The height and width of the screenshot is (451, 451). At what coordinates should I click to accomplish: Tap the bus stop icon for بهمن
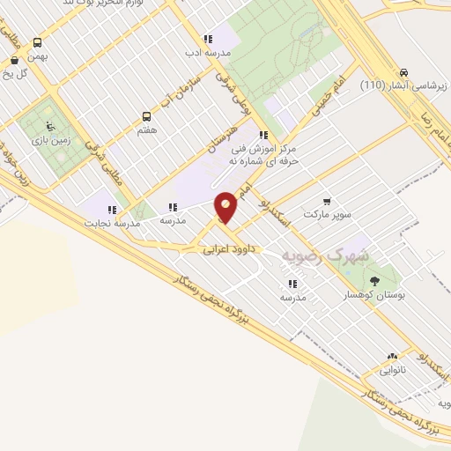[37, 42]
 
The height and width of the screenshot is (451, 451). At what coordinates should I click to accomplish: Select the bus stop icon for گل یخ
[14, 61]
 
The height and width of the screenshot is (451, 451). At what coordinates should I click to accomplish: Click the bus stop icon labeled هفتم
[147, 116]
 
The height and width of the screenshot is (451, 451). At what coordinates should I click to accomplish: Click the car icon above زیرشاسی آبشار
[403, 72]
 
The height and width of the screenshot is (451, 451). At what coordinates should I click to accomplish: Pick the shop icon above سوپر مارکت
[328, 202]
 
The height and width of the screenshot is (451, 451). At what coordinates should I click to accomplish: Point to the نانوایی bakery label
[394, 372]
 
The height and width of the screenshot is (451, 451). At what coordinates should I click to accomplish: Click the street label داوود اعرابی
[227, 250]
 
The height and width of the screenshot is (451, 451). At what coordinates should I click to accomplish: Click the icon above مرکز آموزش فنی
[263, 136]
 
